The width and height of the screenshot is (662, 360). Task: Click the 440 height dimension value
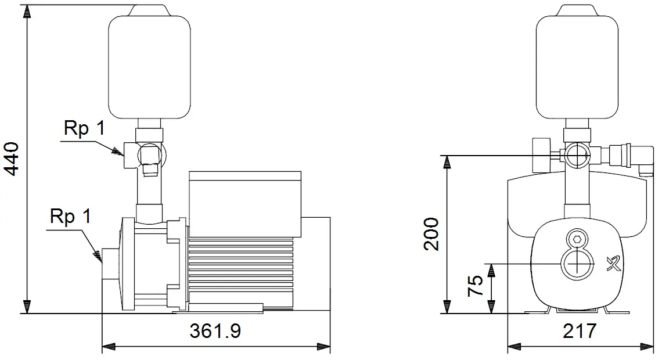(12, 159)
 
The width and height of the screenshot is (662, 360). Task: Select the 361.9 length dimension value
(215, 332)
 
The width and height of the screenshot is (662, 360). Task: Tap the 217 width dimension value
(580, 332)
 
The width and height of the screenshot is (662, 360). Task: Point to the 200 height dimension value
(431, 234)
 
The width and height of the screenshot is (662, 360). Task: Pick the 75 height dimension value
(476, 286)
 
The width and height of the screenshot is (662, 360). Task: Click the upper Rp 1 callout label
(84, 128)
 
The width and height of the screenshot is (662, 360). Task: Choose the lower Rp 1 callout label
(70, 216)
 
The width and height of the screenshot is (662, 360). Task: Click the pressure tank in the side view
(149, 62)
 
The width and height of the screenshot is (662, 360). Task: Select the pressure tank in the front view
(578, 62)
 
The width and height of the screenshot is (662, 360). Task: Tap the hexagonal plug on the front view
(577, 239)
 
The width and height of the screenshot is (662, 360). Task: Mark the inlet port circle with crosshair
(577, 264)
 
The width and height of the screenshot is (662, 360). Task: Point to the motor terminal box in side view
(245, 204)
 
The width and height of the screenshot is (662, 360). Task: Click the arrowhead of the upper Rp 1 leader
(117, 151)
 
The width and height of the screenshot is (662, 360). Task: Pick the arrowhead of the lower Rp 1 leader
(98, 256)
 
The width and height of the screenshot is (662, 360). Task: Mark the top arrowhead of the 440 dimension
(27, 11)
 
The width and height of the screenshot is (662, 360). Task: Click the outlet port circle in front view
(577, 155)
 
